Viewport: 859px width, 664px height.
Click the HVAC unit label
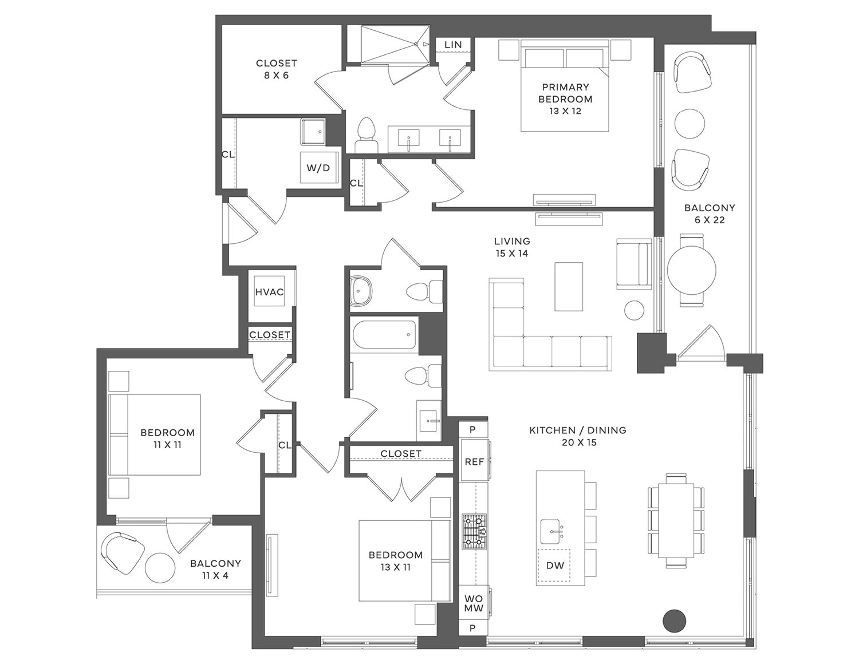coord(269,292)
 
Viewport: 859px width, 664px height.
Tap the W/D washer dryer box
coord(318,168)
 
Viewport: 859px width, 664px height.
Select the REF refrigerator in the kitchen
coord(474,461)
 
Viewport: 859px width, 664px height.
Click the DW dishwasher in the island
coord(554,566)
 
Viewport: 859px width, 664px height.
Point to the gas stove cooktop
coord(474,532)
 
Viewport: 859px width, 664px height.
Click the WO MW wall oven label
coord(474,603)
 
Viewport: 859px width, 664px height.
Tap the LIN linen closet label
coord(453,45)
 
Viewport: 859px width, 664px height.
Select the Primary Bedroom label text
coord(565,93)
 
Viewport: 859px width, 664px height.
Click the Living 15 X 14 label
coord(512,247)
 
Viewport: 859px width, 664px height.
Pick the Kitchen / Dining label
coord(578,436)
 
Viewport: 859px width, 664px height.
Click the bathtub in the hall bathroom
coord(384,334)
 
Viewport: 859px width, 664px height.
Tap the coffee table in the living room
coord(569,286)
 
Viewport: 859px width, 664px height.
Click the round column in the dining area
coord(674,620)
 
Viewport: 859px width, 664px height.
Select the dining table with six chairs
coord(676,520)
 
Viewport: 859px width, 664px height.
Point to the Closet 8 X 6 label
coord(277,69)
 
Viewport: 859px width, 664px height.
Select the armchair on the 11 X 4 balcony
coord(121,552)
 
